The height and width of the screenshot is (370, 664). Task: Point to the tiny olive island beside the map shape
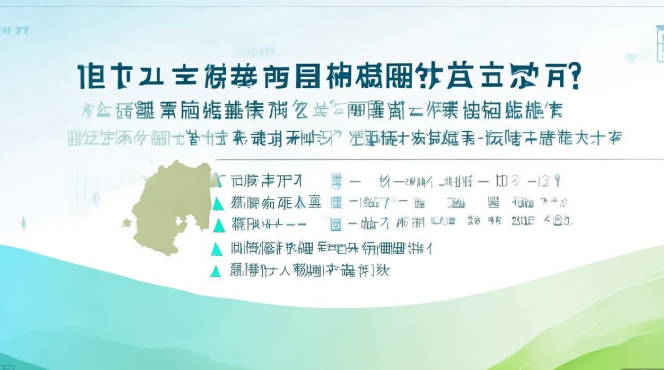click(127, 223)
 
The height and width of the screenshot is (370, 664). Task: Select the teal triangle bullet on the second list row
click(216, 202)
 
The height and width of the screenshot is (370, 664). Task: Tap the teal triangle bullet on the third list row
click(216, 225)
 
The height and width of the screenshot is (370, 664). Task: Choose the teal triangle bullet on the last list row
click(215, 270)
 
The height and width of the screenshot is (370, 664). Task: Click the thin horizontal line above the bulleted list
click(435, 159)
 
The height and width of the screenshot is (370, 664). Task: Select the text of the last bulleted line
click(309, 270)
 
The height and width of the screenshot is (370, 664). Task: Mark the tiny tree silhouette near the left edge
click(23, 223)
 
